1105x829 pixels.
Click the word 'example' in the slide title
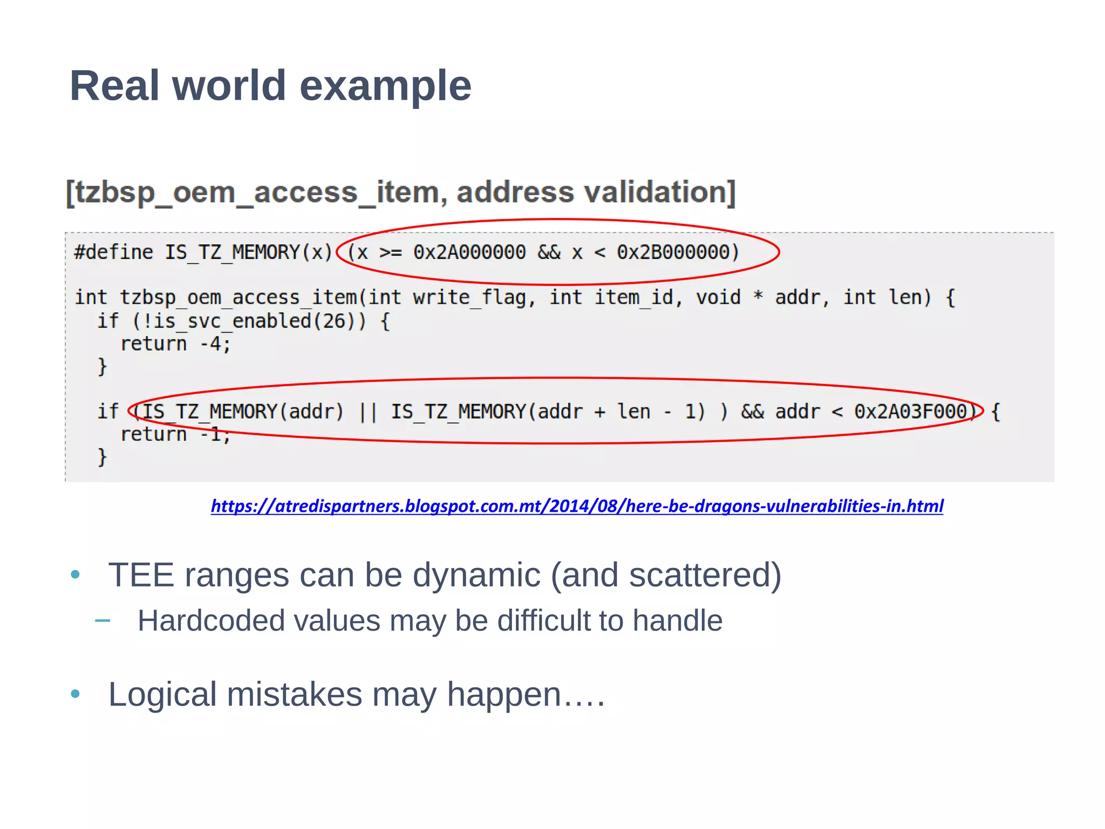[385, 86]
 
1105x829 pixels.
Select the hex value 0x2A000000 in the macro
[469, 252]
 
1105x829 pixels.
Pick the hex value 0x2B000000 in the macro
[672, 252]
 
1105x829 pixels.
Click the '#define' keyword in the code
[113, 252]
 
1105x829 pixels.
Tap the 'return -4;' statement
[175, 344]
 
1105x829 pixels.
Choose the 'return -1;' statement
[175, 435]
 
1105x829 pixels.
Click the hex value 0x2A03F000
[910, 412]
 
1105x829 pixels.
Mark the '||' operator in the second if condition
[367, 412]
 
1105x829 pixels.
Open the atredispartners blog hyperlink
[577, 506]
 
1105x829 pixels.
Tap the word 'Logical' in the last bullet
[162, 694]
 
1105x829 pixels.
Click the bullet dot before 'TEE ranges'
[76, 575]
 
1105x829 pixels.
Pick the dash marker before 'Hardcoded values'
[103, 621]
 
